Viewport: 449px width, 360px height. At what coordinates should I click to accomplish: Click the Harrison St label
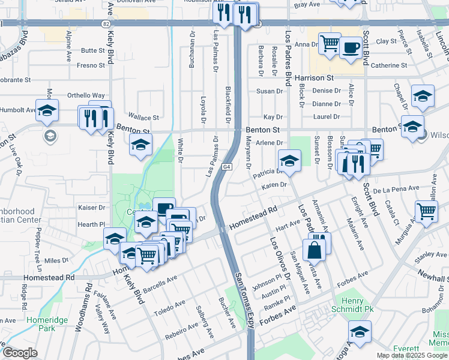tap(314, 78)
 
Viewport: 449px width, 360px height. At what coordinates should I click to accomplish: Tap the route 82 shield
tap(106, 23)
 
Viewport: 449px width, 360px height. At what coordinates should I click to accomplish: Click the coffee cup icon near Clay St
tap(351, 47)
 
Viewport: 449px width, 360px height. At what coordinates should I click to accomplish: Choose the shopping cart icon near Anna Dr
tap(329, 43)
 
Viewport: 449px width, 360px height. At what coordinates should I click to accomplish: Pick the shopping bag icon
tap(314, 248)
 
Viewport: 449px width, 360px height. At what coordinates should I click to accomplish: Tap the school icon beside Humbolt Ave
tap(47, 111)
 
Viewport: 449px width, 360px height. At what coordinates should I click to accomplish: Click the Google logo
tap(19, 353)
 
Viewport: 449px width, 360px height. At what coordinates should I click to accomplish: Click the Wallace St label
tap(146, 118)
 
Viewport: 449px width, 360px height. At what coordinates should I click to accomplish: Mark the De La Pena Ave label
tap(396, 188)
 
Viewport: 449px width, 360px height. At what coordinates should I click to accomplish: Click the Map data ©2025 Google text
tap(412, 355)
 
